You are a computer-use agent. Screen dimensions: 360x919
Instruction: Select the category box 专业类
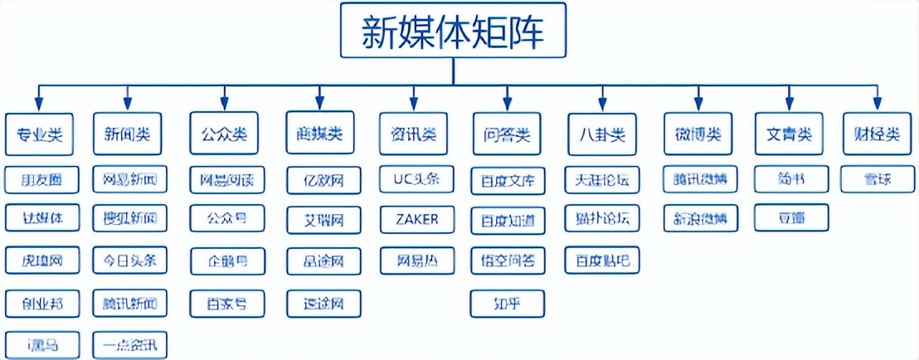point(40,134)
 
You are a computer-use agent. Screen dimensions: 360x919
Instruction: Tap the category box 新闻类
point(128,134)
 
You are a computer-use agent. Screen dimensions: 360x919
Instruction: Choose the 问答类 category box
point(508,134)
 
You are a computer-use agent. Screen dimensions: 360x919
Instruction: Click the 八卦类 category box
point(603,134)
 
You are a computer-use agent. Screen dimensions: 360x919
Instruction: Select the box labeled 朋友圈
point(41,178)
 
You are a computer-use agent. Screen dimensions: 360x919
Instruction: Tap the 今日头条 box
point(129,260)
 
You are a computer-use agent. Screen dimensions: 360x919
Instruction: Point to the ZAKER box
point(418,219)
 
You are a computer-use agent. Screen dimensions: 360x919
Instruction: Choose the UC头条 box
point(418,178)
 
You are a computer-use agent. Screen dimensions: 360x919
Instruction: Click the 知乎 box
point(508,303)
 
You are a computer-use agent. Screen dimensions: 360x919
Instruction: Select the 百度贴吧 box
point(602,260)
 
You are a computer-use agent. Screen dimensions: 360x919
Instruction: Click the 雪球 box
point(878,178)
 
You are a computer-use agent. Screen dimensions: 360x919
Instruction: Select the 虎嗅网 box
point(41,260)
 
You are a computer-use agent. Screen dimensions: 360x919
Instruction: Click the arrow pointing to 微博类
point(698,99)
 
